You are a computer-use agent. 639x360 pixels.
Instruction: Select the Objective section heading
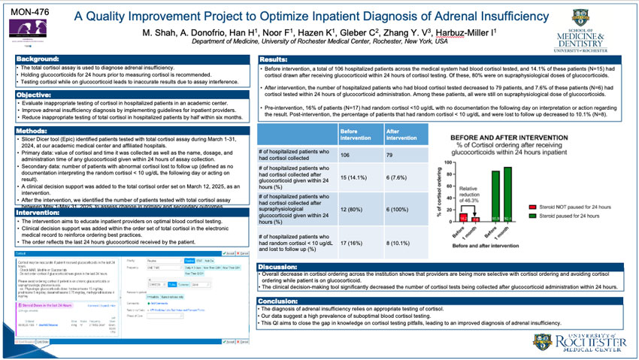point(35,95)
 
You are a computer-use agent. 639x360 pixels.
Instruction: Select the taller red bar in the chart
point(464,218)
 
